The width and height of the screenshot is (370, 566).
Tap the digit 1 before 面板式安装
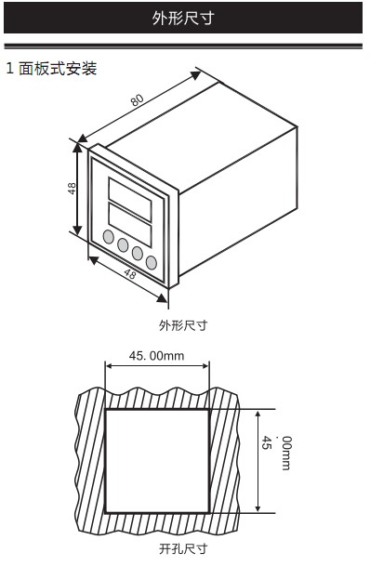[10, 69]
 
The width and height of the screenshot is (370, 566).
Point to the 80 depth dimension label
[137, 99]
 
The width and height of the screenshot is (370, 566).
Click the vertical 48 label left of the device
[72, 189]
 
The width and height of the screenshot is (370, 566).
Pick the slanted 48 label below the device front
[129, 275]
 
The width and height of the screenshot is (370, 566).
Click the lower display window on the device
[131, 221]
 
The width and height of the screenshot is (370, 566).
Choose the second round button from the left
[122, 244]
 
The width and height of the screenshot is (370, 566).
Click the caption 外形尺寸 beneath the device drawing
[183, 325]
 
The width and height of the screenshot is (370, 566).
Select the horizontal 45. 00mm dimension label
[156, 356]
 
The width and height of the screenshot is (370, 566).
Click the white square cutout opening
[156, 459]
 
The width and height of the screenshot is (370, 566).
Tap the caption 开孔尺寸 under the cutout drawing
[183, 549]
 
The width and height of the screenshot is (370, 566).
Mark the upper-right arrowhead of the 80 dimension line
[196, 72]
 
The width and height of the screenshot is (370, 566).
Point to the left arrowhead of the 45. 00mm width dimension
[109, 365]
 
